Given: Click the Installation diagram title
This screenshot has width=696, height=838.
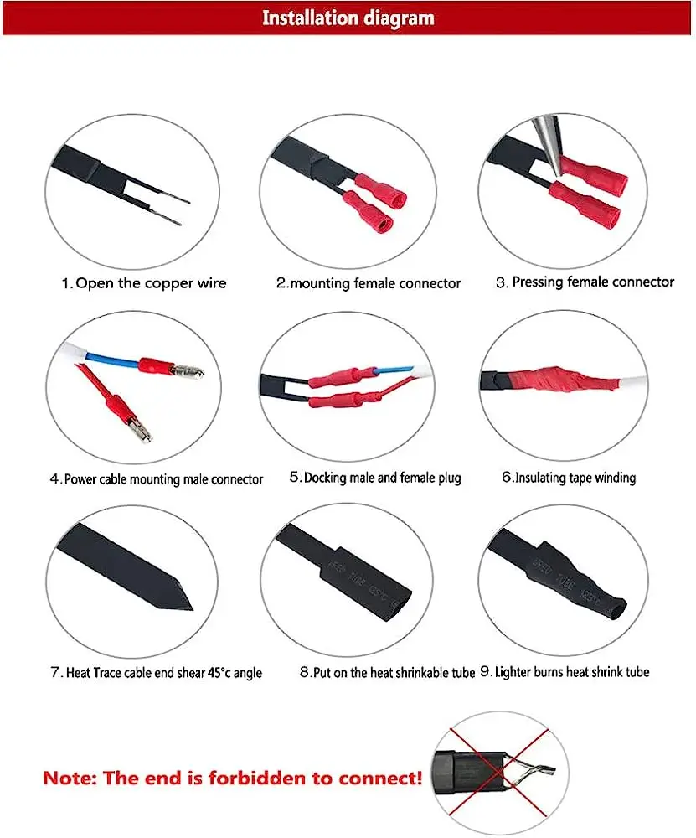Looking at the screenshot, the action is [x=348, y=18].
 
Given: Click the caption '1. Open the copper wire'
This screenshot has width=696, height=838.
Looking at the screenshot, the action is [x=144, y=282].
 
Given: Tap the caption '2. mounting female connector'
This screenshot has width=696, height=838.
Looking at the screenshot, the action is [x=369, y=282].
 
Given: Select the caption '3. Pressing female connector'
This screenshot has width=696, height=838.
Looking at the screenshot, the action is [x=585, y=282].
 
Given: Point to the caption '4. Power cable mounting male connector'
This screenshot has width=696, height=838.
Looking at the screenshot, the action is [x=157, y=478].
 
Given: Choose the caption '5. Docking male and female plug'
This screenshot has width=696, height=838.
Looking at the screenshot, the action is [x=375, y=478].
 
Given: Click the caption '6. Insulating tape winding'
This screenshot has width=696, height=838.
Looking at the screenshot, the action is [x=569, y=478].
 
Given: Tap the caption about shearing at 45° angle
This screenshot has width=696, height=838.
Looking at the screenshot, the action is [x=157, y=672].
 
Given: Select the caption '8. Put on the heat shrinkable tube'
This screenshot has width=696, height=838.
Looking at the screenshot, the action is [x=387, y=672].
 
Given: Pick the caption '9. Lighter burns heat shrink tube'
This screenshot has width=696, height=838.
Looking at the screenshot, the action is [x=565, y=672].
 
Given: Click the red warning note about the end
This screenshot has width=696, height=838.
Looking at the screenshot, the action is [x=232, y=778].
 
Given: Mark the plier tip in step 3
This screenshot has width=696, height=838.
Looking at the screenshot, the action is [x=556, y=173].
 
